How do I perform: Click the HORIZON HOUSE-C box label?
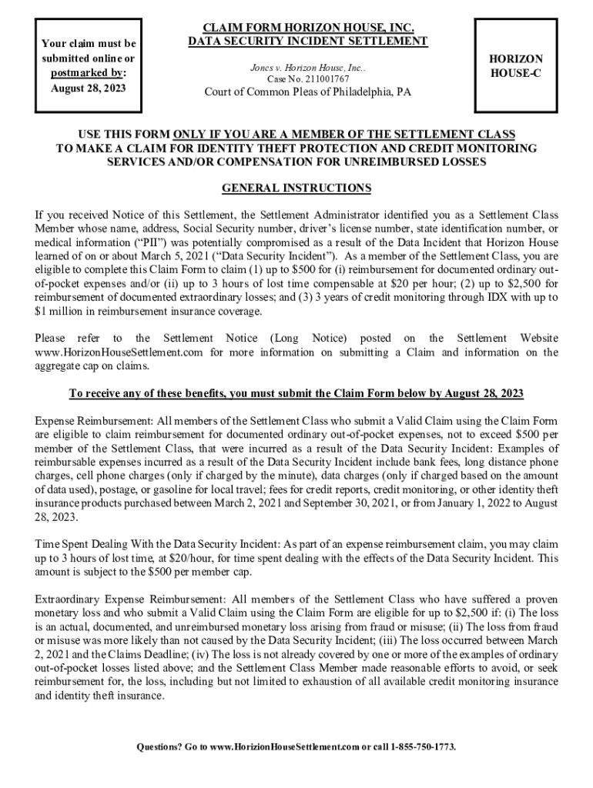click(x=515, y=66)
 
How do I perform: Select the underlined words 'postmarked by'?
click(x=85, y=73)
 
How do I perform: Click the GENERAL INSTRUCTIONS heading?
click(x=296, y=188)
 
